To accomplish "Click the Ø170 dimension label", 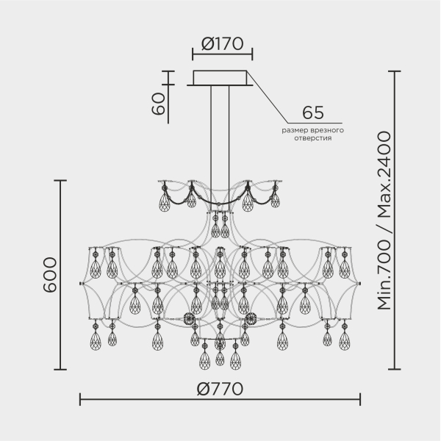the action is [222, 43].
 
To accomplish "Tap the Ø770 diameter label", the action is [220, 389].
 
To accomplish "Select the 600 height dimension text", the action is [50, 275].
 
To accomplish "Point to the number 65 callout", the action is [313, 112].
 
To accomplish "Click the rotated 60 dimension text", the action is [158, 104].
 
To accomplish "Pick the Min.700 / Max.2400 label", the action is [384, 220].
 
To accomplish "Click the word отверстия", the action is [313, 138].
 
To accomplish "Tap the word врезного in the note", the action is [325, 131].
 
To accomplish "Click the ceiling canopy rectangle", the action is [220, 78].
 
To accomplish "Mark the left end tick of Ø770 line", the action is [80, 399].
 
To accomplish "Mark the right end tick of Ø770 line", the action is [360, 399].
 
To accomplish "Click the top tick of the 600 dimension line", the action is [60, 181].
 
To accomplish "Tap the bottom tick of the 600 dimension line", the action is [60, 369].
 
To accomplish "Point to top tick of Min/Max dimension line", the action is [394, 72].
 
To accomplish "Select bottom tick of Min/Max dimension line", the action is [394, 369].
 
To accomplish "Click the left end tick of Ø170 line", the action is [193, 54].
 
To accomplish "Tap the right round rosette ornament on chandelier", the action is [251, 318].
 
